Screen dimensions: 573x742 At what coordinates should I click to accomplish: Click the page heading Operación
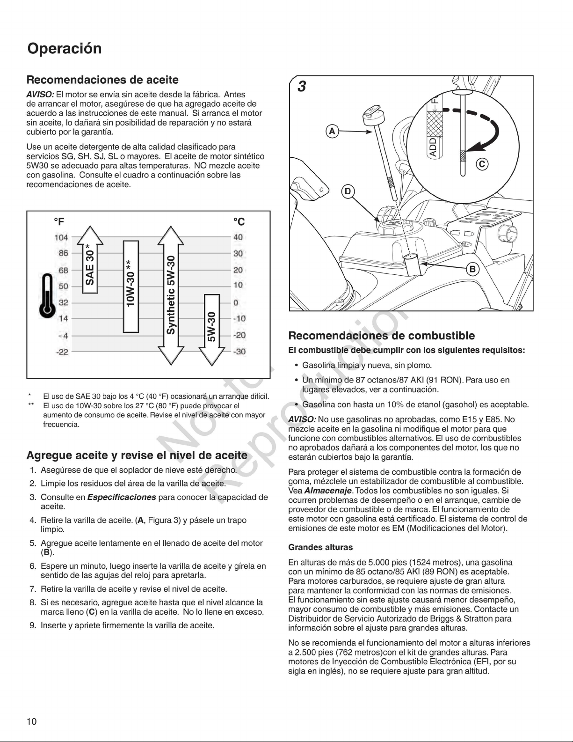point(65,49)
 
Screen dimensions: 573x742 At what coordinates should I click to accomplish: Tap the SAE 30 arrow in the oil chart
point(90,259)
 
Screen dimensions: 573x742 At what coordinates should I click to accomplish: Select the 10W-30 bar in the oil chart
point(131,287)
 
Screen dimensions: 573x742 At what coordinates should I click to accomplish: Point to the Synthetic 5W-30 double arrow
point(171,295)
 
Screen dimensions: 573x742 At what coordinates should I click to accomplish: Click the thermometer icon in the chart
point(47,295)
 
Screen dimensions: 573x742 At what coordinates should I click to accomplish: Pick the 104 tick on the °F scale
point(61,237)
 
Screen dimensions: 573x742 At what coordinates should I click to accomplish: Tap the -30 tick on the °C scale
point(239,352)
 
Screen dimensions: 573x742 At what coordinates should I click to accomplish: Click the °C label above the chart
point(239,222)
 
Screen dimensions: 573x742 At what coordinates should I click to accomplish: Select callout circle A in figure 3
point(332,132)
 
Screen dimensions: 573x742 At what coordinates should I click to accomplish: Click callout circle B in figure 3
point(472,270)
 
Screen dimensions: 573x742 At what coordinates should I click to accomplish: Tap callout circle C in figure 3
point(482,164)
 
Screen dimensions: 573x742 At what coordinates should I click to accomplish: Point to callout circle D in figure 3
point(348,191)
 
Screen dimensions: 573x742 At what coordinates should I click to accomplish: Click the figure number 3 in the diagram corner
point(302,87)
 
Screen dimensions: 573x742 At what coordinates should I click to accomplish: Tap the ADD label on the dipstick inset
point(433,147)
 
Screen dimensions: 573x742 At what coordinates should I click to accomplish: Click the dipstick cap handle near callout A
point(371,114)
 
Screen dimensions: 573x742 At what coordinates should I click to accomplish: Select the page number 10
point(31,721)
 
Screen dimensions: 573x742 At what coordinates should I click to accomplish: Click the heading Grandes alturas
point(320,547)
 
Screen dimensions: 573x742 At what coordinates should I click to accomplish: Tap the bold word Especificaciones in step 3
point(122,497)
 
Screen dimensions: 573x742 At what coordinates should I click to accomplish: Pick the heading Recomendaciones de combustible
point(381,336)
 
